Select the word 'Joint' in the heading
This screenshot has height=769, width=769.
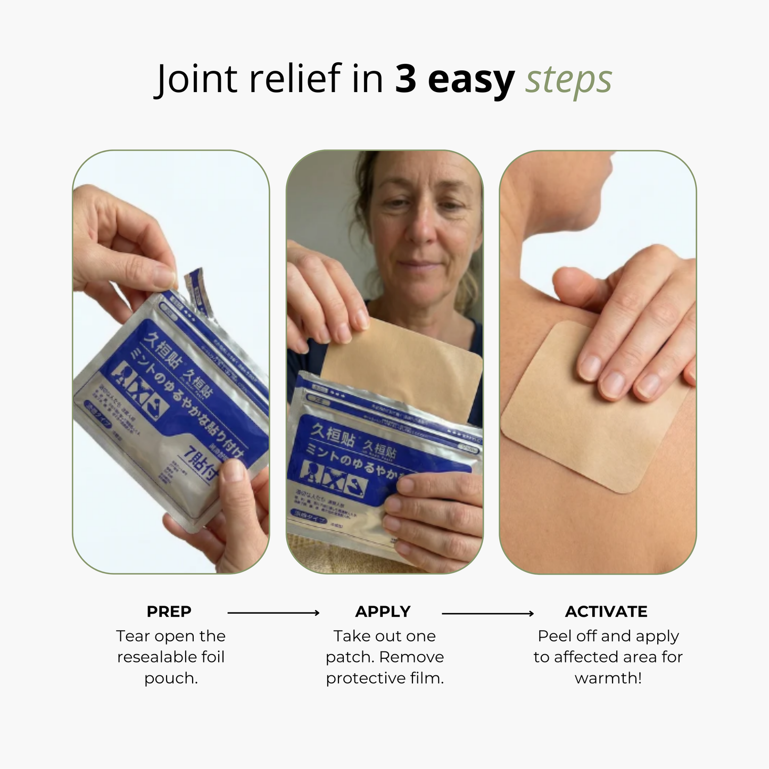pos(196,80)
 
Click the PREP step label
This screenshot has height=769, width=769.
pos(169,611)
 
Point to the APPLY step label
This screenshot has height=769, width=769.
pos(383,611)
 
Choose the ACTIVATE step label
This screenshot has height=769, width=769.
pos(606,611)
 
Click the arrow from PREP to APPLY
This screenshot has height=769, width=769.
pos(273,613)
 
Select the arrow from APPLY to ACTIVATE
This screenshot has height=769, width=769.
pos(487,614)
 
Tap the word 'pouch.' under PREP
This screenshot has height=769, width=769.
pos(171,679)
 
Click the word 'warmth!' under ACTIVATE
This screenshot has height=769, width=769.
pos(608,679)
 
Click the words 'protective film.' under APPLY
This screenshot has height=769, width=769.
pos(384,679)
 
